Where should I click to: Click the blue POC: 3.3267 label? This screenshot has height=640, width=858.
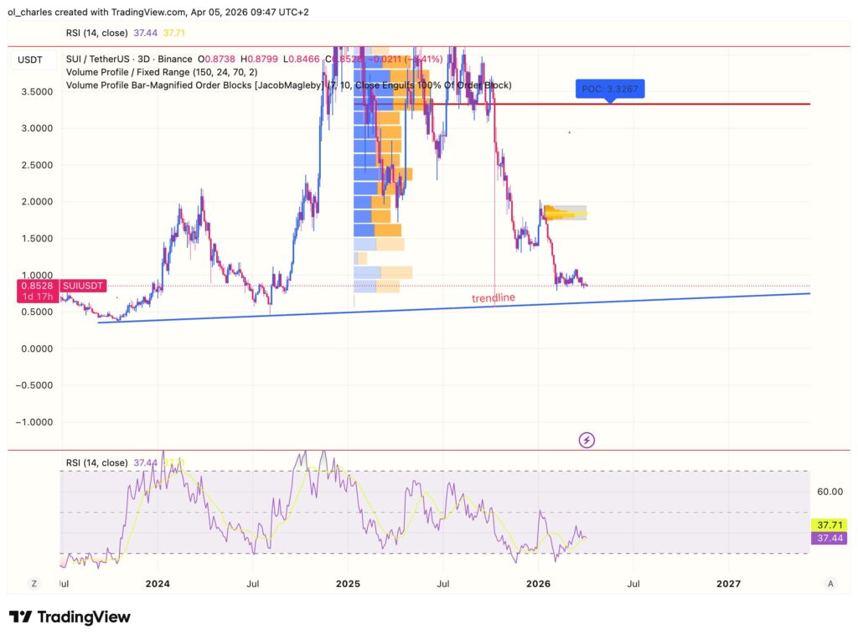(x=610, y=89)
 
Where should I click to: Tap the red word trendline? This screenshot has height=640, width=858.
(x=493, y=298)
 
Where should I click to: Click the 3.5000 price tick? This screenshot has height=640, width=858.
(x=37, y=92)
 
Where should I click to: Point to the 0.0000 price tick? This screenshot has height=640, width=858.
(x=37, y=348)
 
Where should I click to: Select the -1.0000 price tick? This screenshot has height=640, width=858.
(x=35, y=422)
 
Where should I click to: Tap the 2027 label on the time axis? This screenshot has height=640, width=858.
(x=728, y=583)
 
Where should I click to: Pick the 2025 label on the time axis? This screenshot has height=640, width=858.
(x=348, y=583)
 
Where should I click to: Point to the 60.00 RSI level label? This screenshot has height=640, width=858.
(x=828, y=492)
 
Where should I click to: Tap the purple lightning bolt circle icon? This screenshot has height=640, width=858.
(x=587, y=439)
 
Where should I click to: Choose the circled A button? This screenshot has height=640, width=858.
(x=830, y=583)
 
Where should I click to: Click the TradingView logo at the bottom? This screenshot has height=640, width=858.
(x=70, y=617)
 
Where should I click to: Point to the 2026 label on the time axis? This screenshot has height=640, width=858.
(x=538, y=583)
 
